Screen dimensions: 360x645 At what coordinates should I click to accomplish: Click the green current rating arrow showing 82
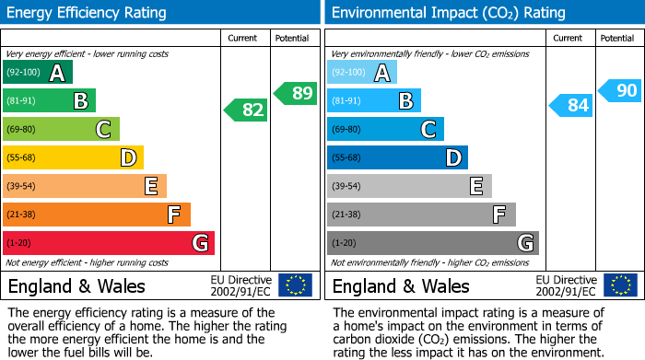coord(246,110)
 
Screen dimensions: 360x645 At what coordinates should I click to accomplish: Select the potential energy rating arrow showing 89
coord(297,93)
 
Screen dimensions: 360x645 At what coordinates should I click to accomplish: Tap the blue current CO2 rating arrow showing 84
coord(570,106)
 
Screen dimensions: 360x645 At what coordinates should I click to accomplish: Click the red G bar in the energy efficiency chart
coord(108,243)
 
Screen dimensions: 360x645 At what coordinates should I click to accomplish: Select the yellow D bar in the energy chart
coord(73,157)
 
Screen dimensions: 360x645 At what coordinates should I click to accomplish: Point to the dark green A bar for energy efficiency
coord(38,72)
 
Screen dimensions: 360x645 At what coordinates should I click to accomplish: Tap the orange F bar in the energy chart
coord(97,215)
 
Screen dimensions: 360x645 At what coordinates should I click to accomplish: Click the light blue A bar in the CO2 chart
coord(362,72)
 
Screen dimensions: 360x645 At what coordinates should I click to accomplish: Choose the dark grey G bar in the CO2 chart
coord(432,243)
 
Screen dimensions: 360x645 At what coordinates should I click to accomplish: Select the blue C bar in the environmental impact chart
coord(385,129)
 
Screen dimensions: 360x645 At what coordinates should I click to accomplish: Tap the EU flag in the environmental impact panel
coord(620,285)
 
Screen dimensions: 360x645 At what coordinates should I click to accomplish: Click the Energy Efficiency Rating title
coord(88,13)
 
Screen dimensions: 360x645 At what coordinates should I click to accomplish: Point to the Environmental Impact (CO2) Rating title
coord(448,13)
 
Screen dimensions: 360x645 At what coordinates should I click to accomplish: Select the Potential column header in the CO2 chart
coord(616,38)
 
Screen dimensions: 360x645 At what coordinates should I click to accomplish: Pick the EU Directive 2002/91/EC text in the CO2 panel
coord(566,285)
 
